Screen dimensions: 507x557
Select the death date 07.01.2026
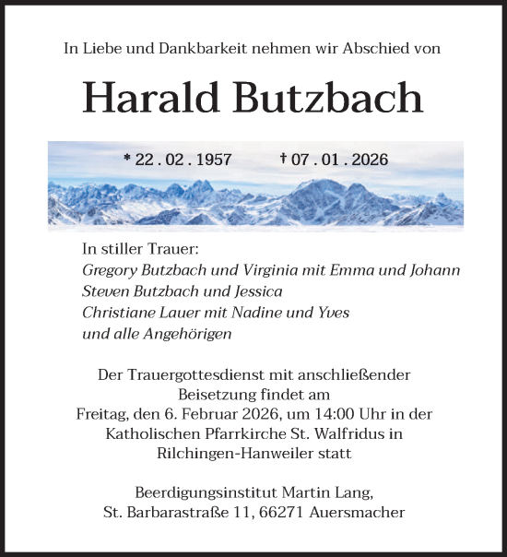click(x=339, y=160)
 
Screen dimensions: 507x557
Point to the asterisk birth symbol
click(x=127, y=158)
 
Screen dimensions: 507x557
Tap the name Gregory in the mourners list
click(x=111, y=271)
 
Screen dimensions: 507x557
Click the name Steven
click(x=106, y=292)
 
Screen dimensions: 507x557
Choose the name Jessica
click(x=254, y=292)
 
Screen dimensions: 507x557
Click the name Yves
click(x=334, y=314)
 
